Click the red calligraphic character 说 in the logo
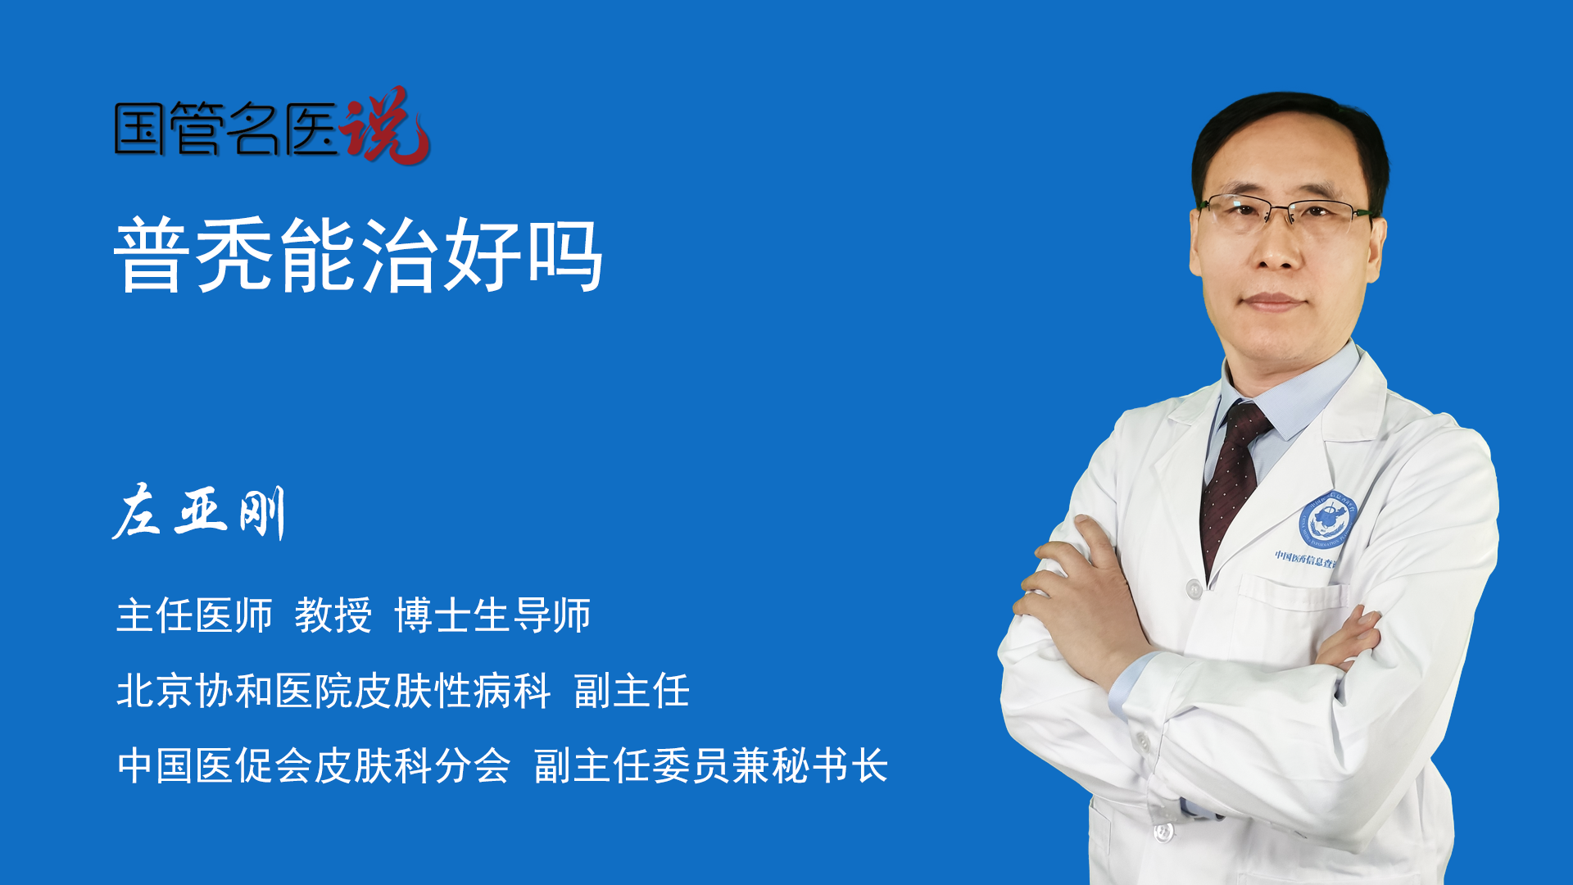click(385, 126)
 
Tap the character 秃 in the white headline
click(237, 255)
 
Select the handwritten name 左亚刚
click(199, 512)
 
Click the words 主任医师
click(194, 615)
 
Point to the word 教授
click(333, 615)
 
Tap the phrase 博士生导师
click(492, 615)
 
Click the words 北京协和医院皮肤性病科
click(333, 691)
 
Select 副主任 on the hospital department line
click(632, 691)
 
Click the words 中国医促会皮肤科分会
click(314, 766)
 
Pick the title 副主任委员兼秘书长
click(711, 766)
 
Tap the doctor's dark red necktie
click(1233, 483)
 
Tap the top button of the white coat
click(1194, 588)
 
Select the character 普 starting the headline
click(153, 255)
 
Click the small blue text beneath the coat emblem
click(1305, 559)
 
